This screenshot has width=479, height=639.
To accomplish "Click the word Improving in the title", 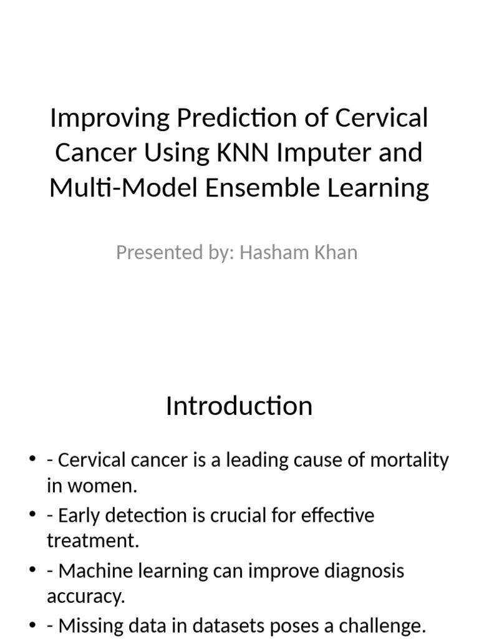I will pyautogui.click(x=102, y=118).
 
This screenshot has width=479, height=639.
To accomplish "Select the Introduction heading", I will pyautogui.click(x=239, y=406).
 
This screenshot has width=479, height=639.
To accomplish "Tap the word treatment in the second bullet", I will pyautogui.click(x=92, y=541).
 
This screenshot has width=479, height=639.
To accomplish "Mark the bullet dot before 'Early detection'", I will pyautogui.click(x=33, y=516).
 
